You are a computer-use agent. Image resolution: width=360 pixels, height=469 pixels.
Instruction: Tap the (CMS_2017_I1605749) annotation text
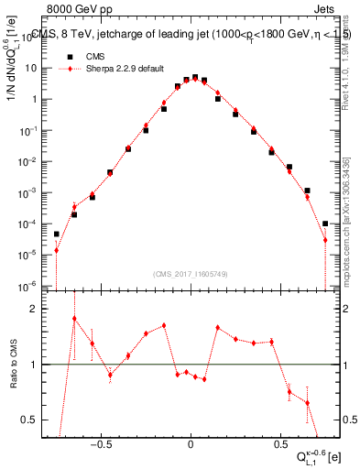[x=190, y=274]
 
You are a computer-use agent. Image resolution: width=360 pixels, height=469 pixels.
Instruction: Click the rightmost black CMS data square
[x=325, y=224]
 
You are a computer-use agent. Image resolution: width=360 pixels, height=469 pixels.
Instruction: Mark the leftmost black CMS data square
[x=56, y=234]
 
